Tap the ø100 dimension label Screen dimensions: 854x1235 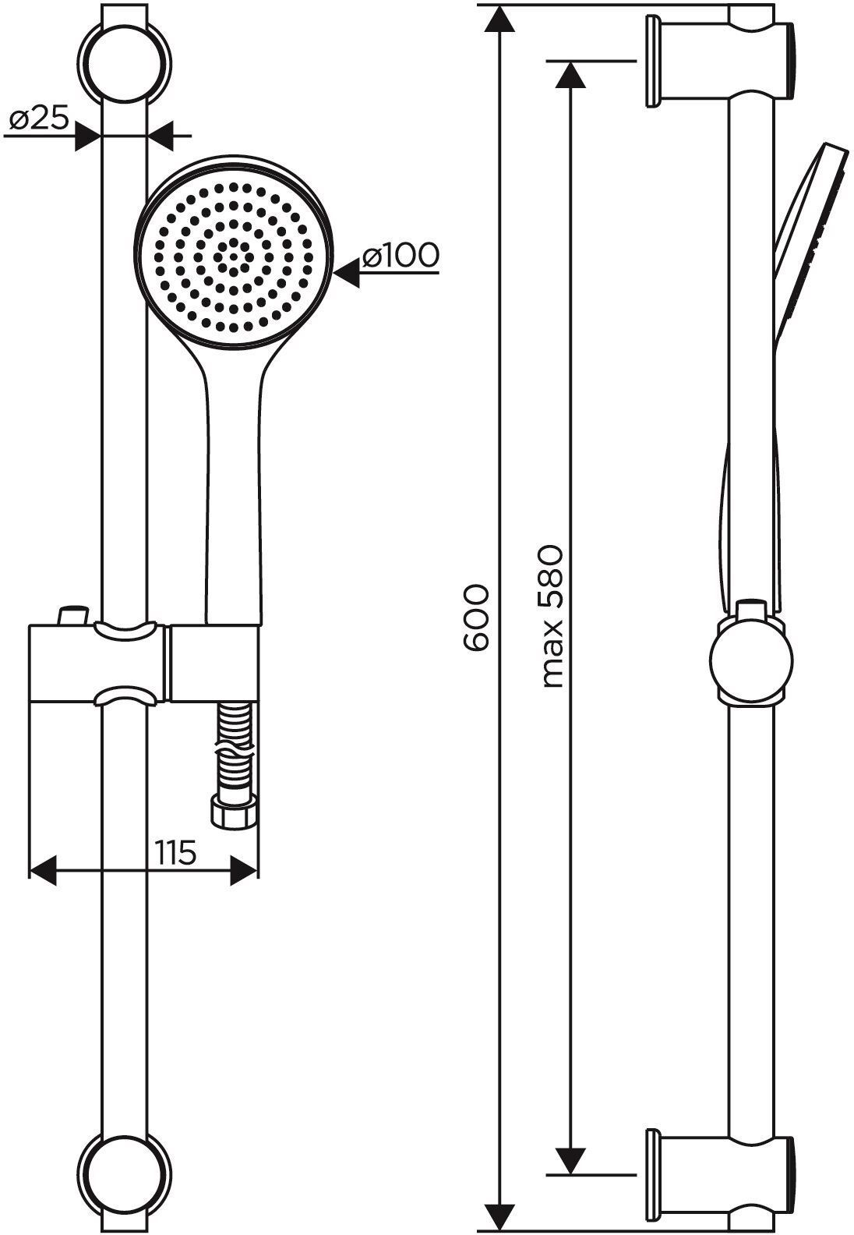[401, 255]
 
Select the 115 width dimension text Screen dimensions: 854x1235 [175, 852]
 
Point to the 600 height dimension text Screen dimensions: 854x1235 [475, 618]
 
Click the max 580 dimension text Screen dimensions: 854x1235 [552, 617]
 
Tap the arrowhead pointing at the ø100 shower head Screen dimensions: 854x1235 [347, 274]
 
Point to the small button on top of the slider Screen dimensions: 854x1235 [73, 615]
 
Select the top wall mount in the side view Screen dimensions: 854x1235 [719, 62]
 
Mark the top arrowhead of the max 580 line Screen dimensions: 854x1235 [570, 74]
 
